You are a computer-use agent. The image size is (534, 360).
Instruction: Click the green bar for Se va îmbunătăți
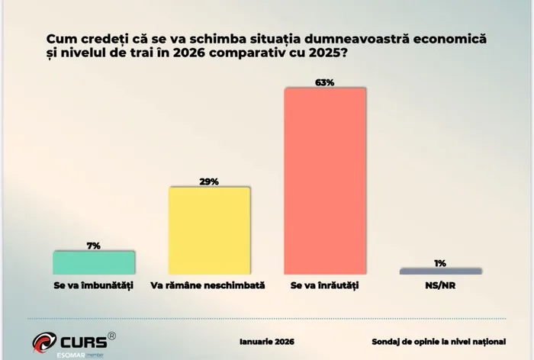(94, 262)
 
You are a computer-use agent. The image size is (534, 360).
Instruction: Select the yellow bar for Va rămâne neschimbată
(209, 230)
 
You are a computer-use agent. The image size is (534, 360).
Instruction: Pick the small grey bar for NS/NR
(441, 271)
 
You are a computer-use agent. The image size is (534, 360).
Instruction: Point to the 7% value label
(94, 245)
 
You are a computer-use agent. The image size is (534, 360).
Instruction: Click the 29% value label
(209, 181)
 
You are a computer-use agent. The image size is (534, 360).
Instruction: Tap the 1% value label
(441, 262)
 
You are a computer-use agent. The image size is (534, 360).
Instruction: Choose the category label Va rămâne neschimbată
(207, 285)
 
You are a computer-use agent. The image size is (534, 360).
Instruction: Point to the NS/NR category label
(441, 285)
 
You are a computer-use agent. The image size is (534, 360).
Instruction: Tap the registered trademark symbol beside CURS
(112, 335)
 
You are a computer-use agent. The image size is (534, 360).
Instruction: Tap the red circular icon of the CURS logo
(43, 342)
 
